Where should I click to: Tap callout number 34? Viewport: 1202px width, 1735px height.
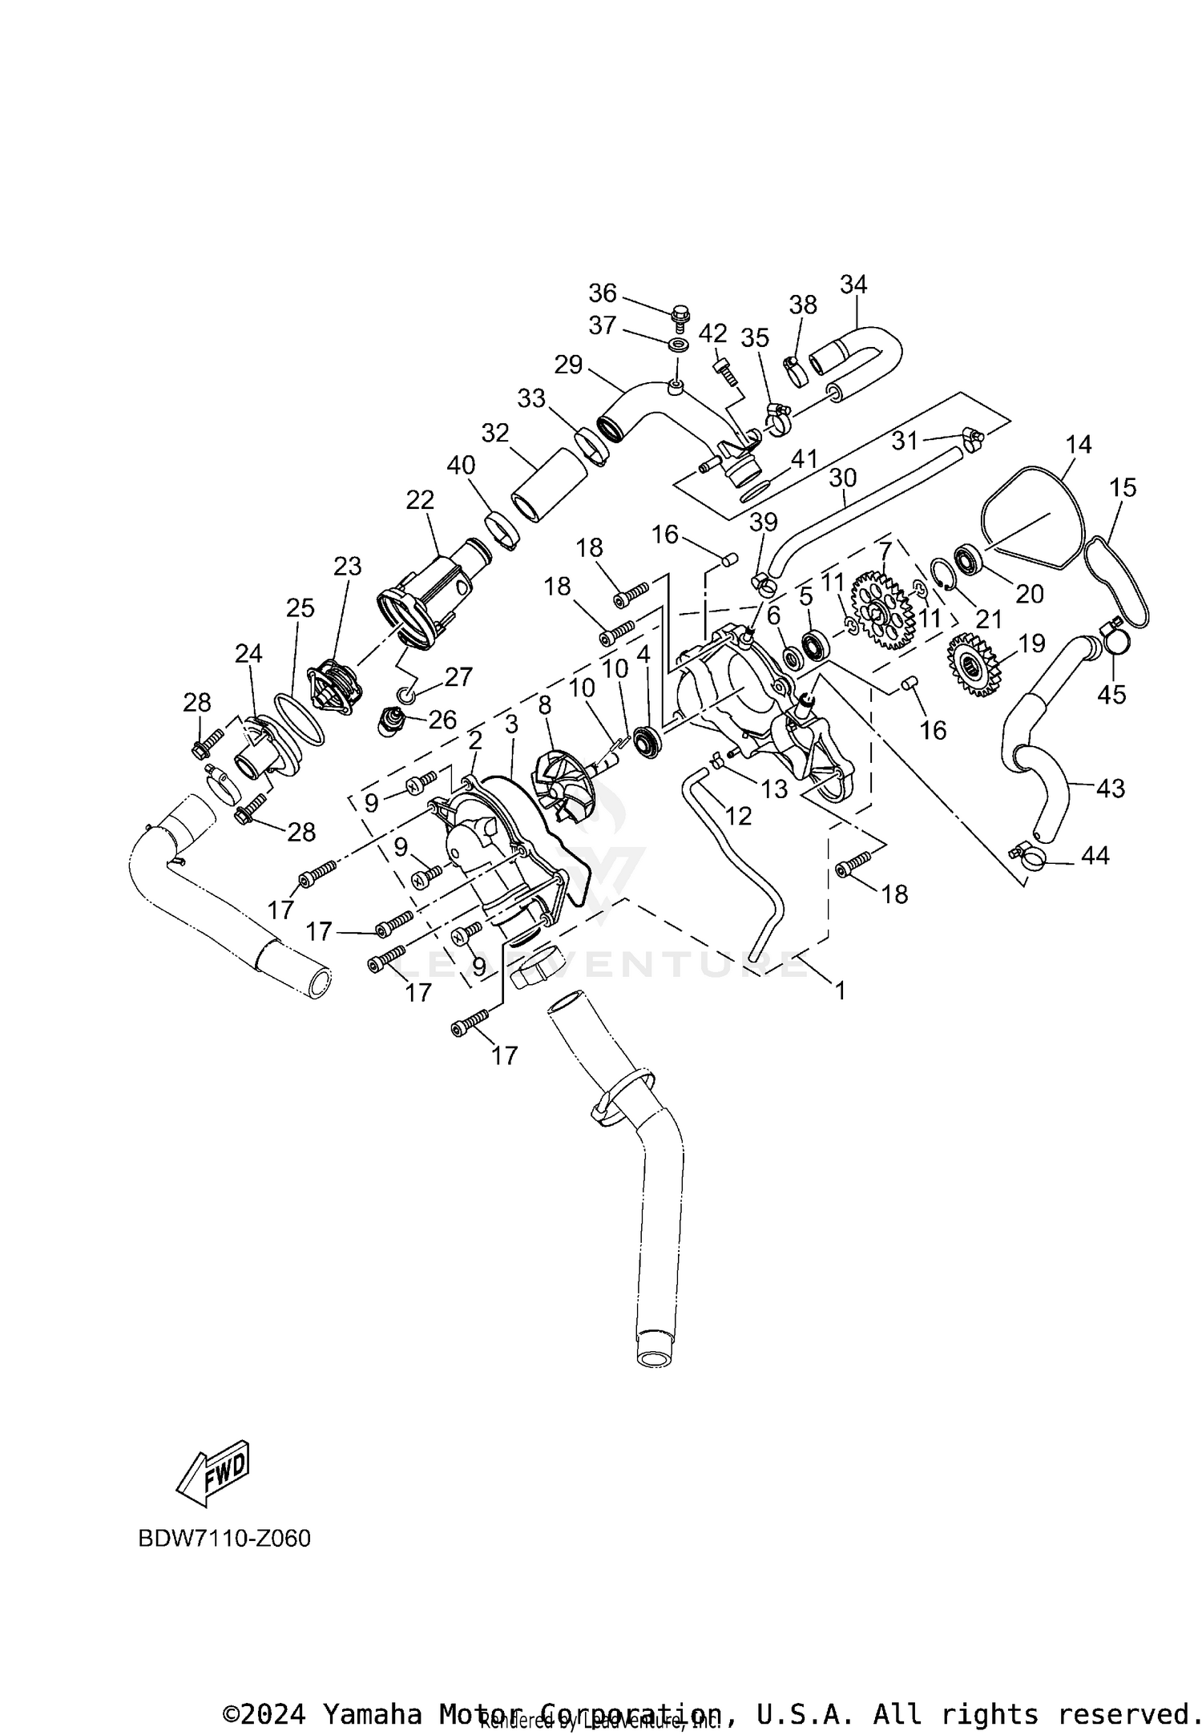(853, 284)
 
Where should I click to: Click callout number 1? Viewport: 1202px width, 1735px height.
(840, 991)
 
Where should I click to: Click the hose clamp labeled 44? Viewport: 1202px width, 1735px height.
(1029, 857)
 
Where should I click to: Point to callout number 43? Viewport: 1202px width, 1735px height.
(1110, 789)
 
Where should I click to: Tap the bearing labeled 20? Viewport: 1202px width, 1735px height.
(969, 558)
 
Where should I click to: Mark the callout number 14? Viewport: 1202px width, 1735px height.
(1079, 445)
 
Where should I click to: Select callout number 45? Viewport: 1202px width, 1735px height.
(1111, 694)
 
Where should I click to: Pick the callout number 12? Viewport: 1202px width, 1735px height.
(738, 816)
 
